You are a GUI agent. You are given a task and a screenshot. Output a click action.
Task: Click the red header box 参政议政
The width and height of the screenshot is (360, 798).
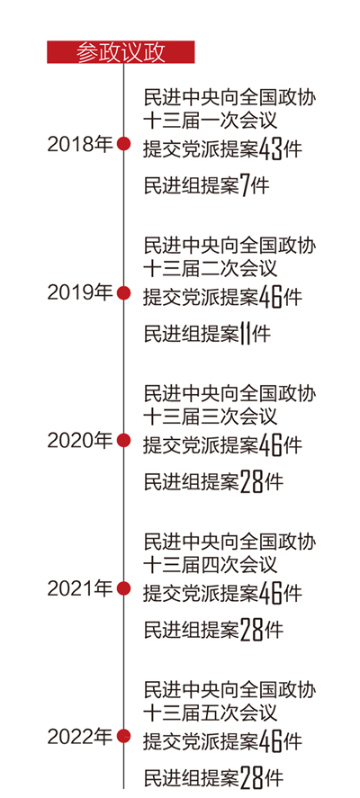pos(121,52)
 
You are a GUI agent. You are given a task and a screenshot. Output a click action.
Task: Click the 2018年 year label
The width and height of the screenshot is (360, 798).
pos(80,145)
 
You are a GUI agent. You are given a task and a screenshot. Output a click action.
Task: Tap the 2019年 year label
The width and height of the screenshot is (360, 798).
pos(80,292)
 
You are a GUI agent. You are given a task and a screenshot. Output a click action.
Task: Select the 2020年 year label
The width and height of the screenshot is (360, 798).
pos(80,440)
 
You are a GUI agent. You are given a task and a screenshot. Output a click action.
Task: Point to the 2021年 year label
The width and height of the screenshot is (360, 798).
pos(80,588)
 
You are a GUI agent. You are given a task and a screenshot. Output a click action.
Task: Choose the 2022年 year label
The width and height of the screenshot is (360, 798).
pos(80,736)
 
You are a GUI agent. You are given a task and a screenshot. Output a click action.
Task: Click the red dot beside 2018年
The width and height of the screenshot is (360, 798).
pos(123,144)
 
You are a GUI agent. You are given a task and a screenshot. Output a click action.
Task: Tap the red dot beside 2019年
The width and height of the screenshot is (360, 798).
pos(123,292)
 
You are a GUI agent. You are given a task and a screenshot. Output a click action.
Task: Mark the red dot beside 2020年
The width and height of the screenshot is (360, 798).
pos(123,440)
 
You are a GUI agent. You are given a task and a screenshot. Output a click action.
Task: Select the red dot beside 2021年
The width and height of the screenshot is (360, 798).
pos(123,588)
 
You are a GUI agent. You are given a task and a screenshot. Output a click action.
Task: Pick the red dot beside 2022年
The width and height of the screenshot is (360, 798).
pos(123,736)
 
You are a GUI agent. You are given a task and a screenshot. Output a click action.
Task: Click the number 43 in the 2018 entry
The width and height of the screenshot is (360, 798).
pos(270,149)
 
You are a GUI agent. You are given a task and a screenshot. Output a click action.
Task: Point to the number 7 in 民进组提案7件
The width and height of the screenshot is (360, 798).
pos(245,186)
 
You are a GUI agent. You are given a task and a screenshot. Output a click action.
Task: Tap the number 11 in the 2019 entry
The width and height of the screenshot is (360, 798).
pos(246,335)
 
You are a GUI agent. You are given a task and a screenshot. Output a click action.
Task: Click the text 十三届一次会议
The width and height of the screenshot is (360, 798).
pos(211,121)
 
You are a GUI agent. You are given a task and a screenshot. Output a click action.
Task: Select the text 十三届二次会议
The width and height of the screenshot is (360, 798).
pos(211,268)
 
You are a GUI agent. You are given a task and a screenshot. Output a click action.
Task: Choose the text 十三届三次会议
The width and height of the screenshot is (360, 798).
pos(211,416)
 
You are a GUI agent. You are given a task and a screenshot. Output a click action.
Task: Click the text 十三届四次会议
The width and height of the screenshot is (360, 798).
pos(211,564)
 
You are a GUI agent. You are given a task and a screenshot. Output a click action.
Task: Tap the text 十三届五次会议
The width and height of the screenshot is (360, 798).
pos(211,712)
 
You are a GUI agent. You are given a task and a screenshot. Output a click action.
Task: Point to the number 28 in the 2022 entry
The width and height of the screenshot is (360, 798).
pos(251,777)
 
